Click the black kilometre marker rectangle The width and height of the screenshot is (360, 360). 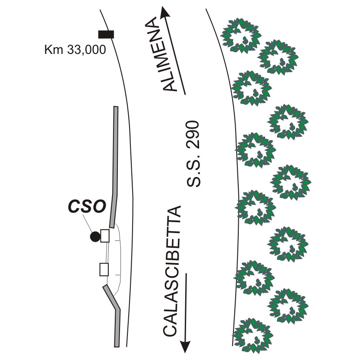click(x=106, y=34)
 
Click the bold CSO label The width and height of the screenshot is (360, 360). click(x=87, y=207)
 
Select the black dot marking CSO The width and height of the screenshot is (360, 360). click(x=94, y=237)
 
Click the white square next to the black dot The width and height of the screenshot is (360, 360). click(x=105, y=236)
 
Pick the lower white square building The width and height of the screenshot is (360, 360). click(x=104, y=270)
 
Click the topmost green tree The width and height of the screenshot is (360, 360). click(x=241, y=35)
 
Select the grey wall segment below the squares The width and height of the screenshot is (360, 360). click(x=114, y=313)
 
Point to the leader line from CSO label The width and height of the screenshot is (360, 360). click(x=89, y=224)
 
